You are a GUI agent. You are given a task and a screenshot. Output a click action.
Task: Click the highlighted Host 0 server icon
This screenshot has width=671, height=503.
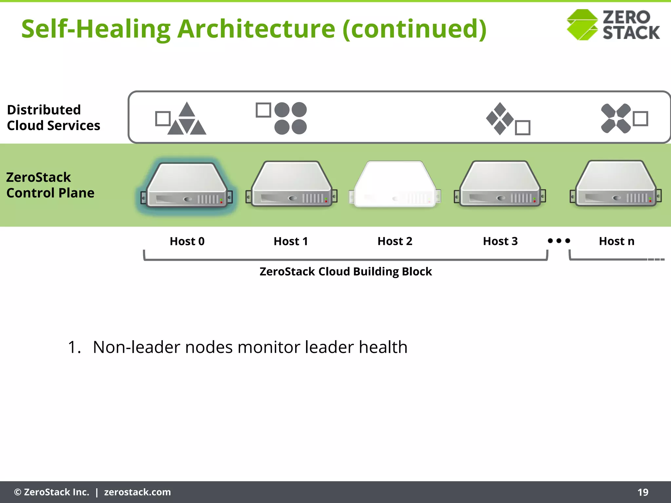pos(187,185)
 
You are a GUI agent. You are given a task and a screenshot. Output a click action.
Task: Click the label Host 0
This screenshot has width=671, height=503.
pos(187,241)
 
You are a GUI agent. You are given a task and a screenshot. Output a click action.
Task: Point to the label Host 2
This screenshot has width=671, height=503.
pos(395,241)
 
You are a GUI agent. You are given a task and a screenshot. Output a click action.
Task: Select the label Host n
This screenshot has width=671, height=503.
pos(616,241)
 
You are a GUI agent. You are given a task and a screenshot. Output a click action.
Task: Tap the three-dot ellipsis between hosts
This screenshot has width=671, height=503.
pos(559,241)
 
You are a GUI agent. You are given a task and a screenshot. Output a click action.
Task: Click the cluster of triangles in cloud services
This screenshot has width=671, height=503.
pos(187,120)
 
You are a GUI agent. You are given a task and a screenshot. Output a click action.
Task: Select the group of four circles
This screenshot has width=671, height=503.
pos(290,118)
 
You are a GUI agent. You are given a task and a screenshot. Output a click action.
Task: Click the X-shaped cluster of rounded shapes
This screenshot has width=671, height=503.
pos(616,119)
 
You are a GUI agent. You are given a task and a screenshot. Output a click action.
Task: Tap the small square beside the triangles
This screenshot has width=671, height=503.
pos(163,119)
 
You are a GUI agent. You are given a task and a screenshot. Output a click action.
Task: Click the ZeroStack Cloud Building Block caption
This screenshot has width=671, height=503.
pos(346,271)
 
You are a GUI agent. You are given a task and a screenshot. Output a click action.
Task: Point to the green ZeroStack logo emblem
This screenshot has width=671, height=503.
pos(582,25)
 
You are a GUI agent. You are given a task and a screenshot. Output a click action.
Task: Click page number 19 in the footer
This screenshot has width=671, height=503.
pos(642,492)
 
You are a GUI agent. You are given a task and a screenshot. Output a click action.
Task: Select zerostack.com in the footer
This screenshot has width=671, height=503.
pos(137,492)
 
